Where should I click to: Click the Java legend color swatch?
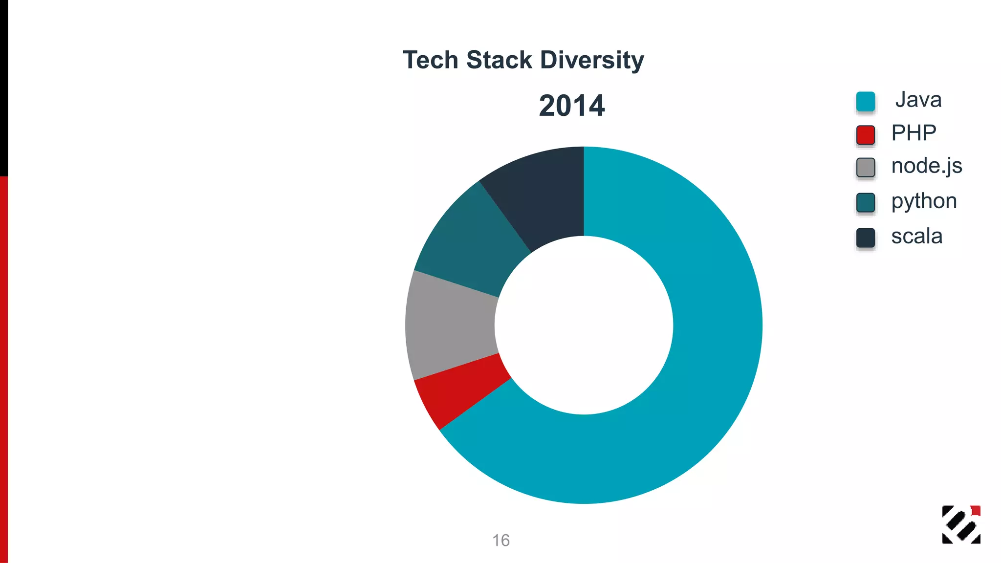click(x=865, y=101)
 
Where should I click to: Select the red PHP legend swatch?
click(x=865, y=134)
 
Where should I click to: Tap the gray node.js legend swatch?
click(x=865, y=167)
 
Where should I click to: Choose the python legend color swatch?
click(x=865, y=202)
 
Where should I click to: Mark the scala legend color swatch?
click(x=865, y=238)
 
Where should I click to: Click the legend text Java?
click(x=918, y=100)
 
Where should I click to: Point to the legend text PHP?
click(x=913, y=133)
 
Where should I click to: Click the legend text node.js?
click(x=926, y=166)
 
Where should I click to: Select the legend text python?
click(x=924, y=201)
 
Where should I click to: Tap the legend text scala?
click(x=916, y=237)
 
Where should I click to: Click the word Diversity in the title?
click(x=592, y=60)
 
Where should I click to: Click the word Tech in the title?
click(x=430, y=60)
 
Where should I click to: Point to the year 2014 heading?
click(x=571, y=106)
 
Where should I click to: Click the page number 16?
click(x=500, y=540)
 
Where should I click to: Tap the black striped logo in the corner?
click(x=960, y=524)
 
